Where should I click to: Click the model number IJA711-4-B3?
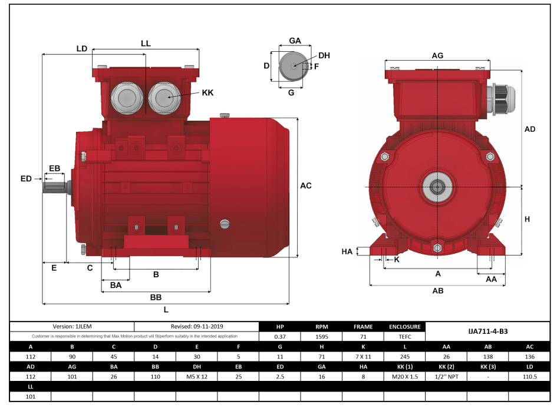tap(487, 331)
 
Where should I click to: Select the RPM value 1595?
tap(321, 337)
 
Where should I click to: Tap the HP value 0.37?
tap(280, 337)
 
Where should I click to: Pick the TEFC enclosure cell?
tap(404, 337)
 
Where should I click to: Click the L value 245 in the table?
tap(404, 357)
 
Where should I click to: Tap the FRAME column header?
tap(363, 326)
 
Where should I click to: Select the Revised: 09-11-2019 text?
tap(197, 326)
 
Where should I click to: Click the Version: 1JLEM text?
tap(72, 326)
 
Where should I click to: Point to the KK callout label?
tap(207, 92)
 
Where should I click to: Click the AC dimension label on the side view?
tap(306, 186)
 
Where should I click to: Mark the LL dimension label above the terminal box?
tap(146, 44)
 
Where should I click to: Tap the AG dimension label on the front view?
tap(437, 55)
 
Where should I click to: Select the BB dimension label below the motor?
tap(156, 297)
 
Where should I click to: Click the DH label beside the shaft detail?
tap(324, 55)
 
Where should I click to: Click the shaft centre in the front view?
tap(437, 187)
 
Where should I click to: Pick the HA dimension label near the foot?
tap(347, 251)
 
